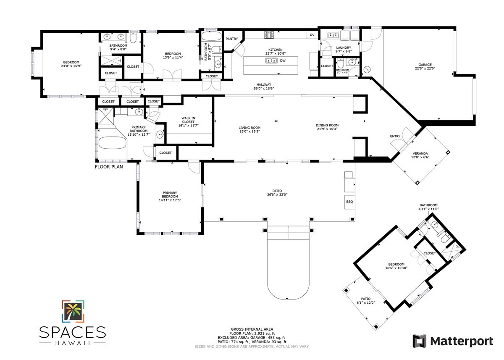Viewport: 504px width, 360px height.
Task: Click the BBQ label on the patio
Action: [349, 202]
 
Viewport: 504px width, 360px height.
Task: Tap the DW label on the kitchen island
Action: [283, 60]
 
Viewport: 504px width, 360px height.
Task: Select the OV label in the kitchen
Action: [312, 35]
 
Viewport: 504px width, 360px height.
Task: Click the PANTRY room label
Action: [231, 39]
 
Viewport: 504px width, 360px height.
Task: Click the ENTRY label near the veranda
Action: [395, 136]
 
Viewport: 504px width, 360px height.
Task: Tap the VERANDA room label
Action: [420, 155]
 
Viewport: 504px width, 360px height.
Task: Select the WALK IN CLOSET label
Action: [188, 120]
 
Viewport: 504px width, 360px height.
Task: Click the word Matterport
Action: [461, 341]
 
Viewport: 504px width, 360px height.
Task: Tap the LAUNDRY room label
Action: [343, 48]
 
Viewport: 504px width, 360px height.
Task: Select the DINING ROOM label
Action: [327, 126]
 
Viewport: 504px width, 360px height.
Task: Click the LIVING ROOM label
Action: [249, 128]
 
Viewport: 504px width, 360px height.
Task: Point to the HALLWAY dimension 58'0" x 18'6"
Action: [264, 89]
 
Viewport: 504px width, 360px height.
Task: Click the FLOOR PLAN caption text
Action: [109, 167]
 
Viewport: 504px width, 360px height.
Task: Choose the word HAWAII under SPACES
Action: [73, 342]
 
